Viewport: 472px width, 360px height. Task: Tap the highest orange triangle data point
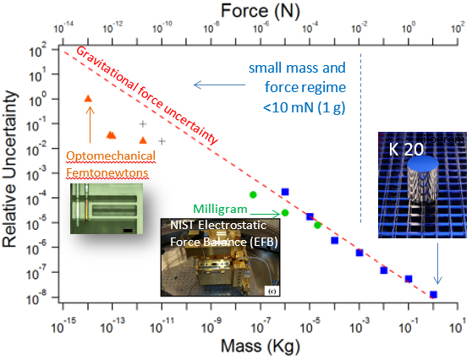(89, 99)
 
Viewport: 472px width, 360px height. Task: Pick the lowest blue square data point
(433, 294)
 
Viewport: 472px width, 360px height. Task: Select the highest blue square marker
(285, 192)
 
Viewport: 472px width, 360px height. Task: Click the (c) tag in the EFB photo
(272, 291)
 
